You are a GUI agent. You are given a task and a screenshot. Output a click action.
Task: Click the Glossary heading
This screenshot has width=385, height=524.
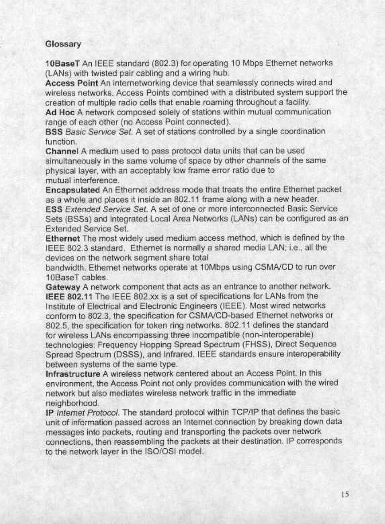[x=63, y=44]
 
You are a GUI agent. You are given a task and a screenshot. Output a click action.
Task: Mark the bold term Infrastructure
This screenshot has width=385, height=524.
[x=73, y=373]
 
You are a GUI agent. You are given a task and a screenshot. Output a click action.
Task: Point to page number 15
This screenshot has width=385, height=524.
[x=344, y=494]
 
